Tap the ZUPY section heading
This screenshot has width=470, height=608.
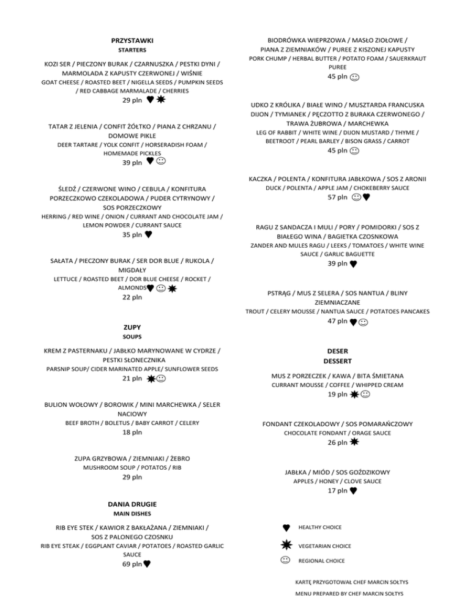[132, 327]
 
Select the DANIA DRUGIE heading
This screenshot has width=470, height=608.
[132, 504]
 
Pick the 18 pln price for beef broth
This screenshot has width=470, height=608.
[132, 432]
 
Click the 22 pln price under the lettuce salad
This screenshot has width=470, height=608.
[132, 297]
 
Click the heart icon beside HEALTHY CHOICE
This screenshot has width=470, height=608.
[286, 527]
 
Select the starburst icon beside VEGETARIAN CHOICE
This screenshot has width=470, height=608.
[286, 544]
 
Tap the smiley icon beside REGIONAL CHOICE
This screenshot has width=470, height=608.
[286, 560]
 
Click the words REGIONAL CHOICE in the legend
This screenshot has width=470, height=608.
[321, 561]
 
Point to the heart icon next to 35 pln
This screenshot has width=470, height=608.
[149, 234]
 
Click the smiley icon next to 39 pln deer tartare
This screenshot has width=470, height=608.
[160, 162]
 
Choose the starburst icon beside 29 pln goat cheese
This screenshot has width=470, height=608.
[161, 100]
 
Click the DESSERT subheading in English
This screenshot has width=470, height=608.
[338, 361]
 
